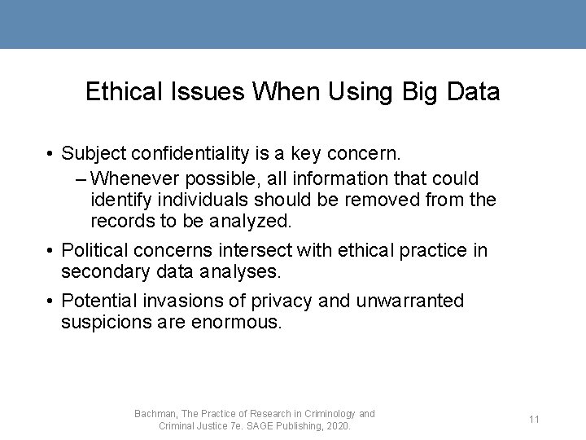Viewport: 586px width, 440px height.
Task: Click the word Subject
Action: point(92,153)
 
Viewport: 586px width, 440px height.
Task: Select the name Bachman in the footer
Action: point(155,414)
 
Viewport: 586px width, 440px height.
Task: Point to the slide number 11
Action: point(535,420)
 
